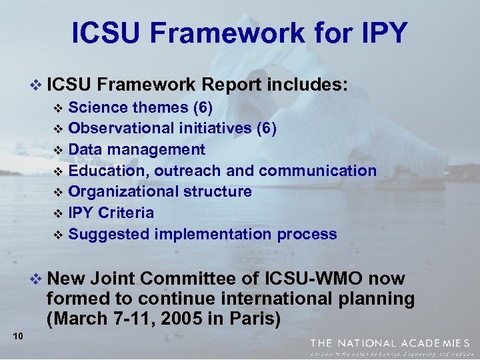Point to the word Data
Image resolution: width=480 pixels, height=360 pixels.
(86, 149)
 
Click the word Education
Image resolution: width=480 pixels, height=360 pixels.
(109, 171)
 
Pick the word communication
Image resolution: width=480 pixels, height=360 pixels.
(317, 171)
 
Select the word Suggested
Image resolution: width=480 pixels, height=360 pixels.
(109, 235)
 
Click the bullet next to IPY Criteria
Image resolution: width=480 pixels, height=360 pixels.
(57, 214)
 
